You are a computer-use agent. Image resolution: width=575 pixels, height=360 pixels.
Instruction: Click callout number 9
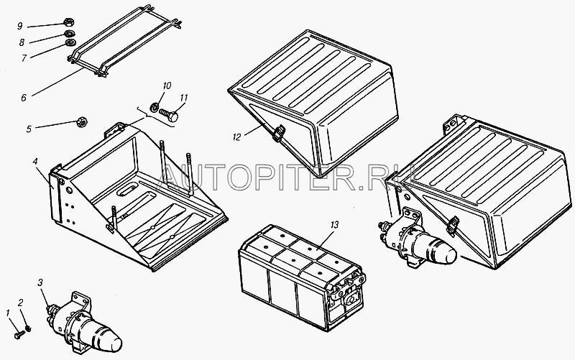click(x=20, y=26)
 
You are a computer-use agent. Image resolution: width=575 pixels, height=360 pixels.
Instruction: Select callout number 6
click(x=24, y=98)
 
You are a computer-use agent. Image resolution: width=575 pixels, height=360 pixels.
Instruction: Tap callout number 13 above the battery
click(x=333, y=224)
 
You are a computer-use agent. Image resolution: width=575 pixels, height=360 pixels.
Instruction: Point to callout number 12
click(x=237, y=137)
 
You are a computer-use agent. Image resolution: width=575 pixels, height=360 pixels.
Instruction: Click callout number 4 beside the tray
click(x=35, y=162)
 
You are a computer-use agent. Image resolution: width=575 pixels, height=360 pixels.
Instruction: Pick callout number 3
click(x=40, y=282)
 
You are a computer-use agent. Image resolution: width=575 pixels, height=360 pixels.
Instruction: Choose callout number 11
click(x=184, y=98)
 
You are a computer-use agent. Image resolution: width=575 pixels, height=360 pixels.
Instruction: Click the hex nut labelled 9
click(x=68, y=22)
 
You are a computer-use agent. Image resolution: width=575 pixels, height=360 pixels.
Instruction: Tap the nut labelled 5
click(x=82, y=121)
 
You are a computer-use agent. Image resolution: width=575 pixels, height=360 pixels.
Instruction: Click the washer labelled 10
click(x=155, y=107)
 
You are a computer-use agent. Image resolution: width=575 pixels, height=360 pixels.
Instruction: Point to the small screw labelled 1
click(x=19, y=334)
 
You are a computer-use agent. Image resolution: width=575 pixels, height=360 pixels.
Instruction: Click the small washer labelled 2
click(x=27, y=328)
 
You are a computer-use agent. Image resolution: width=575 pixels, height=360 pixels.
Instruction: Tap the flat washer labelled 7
click(x=70, y=43)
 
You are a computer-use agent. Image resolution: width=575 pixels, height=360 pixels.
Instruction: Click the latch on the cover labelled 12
click(x=279, y=132)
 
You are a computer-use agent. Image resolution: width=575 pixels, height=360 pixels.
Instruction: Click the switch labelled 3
click(x=84, y=324)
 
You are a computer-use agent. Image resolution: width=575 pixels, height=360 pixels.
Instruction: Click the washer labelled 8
click(x=68, y=34)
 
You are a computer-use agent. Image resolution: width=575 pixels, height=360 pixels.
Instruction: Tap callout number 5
click(x=29, y=129)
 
